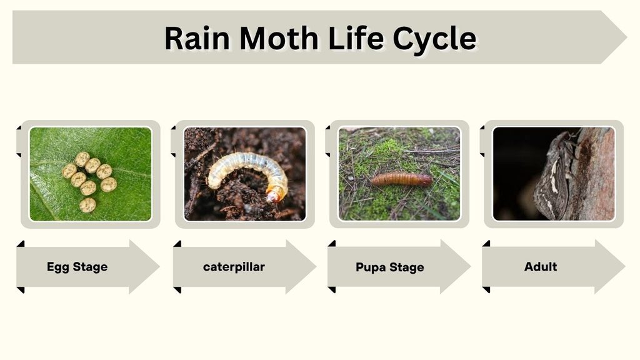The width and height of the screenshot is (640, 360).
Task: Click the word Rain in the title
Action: pyautogui.click(x=197, y=38)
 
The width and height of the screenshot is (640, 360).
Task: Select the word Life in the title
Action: pyautogui.click(x=355, y=37)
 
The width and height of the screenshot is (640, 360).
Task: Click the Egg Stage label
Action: pyautogui.click(x=77, y=267)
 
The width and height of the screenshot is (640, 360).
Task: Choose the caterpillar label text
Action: pyautogui.click(x=234, y=267)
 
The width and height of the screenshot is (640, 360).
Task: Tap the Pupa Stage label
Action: pyautogui.click(x=390, y=267)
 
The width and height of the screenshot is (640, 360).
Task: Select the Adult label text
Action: pyautogui.click(x=541, y=266)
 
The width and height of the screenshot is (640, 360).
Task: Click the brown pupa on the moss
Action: pyautogui.click(x=402, y=179)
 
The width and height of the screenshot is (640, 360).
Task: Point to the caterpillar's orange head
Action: pyautogui.click(x=275, y=194)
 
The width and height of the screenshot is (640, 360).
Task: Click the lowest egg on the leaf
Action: pyautogui.click(x=87, y=205)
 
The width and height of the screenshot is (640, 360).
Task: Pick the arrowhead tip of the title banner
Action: pyautogui.click(x=626, y=37)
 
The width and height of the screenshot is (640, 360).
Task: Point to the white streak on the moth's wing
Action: pyautogui.click(x=554, y=176)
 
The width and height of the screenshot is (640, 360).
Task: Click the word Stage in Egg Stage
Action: pyautogui.click(x=90, y=267)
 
